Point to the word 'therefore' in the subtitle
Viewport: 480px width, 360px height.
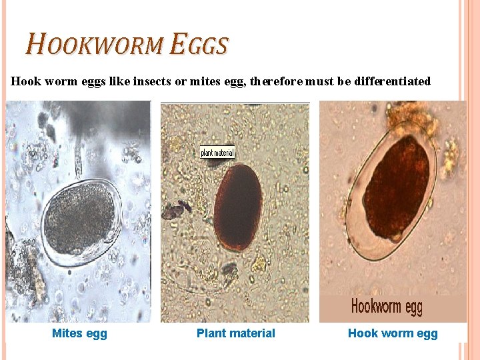(277, 81)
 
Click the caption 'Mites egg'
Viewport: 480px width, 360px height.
(79, 333)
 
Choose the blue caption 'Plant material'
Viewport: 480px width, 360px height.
(235, 333)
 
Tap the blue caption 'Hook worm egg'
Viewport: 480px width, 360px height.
(393, 333)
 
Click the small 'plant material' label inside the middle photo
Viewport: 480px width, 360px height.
(217, 153)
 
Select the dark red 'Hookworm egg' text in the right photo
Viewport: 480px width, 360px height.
(387, 307)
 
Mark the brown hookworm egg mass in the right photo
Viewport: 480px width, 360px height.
(397, 187)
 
